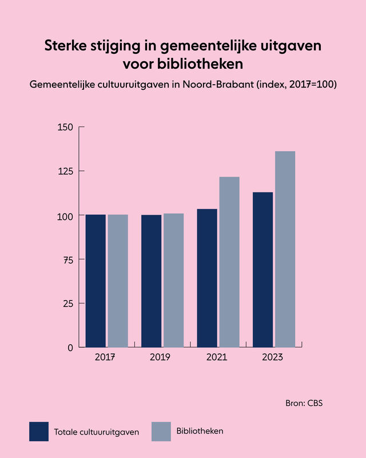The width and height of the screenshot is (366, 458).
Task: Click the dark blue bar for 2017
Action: click(x=96, y=281)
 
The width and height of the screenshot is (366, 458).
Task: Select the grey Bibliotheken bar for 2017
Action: click(x=118, y=281)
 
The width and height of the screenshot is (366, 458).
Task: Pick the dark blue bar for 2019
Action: click(x=151, y=281)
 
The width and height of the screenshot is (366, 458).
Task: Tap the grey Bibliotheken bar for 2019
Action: click(x=173, y=280)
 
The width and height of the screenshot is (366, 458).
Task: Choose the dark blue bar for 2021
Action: click(x=207, y=278)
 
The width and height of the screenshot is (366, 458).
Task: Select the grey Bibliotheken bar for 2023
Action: click(x=285, y=249)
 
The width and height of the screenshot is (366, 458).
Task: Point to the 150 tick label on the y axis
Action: click(x=65, y=127)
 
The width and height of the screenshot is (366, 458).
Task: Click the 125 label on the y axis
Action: click(x=65, y=171)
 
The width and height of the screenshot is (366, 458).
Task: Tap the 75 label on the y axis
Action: click(x=67, y=259)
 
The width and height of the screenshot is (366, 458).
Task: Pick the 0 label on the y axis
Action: click(x=70, y=348)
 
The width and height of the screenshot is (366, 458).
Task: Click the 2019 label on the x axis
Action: click(x=160, y=357)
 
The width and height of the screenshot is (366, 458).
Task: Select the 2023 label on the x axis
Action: click(x=272, y=357)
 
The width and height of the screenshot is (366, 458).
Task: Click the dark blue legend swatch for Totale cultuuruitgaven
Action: click(x=39, y=431)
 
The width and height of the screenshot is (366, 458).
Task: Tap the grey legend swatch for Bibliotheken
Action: click(x=161, y=431)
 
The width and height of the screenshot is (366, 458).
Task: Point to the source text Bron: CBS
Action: click(x=304, y=404)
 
